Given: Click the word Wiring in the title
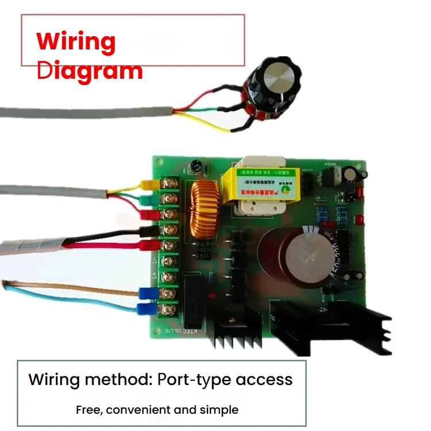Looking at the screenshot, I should pyautogui.click(x=76, y=42).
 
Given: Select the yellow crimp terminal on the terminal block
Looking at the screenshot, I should pyautogui.click(x=149, y=185).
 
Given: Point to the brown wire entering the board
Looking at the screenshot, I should pyautogui.click(x=69, y=287).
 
